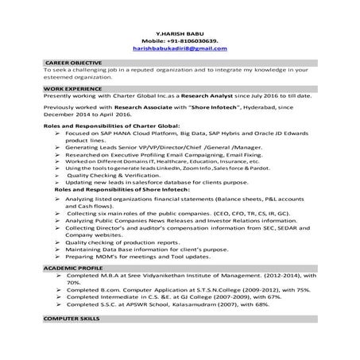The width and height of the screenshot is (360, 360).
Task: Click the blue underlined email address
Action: tap(179, 49)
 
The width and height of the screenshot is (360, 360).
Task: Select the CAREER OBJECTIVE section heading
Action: tap(75, 62)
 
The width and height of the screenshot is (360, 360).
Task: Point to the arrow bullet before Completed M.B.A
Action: tap(59, 276)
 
